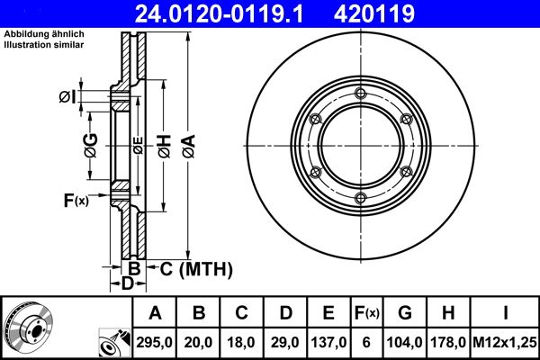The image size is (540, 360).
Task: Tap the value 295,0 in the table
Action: tap(155, 342)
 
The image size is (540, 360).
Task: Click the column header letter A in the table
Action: tap(155, 314)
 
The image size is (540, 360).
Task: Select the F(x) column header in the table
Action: tap(367, 314)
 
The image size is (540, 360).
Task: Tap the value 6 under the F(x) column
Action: tap(367, 342)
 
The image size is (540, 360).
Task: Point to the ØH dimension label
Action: tap(165, 147)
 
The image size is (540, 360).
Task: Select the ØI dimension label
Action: tap(67, 96)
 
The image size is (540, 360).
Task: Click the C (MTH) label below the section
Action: tap(190, 268)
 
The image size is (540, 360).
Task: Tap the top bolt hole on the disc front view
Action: tap(360, 95)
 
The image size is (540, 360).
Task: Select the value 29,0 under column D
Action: tap(287, 342)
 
